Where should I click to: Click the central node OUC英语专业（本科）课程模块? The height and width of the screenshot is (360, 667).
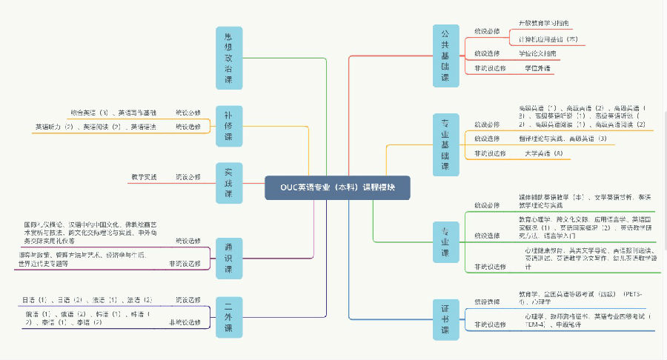pyautogui.click(x=336, y=187)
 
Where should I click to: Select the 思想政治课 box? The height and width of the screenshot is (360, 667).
pyautogui.click(x=228, y=58)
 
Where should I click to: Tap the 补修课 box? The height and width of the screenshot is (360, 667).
pyautogui.click(x=228, y=126)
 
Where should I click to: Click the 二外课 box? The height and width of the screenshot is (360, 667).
pyautogui.click(x=228, y=317)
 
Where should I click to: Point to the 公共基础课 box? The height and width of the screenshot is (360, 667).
pyautogui.click(x=445, y=56)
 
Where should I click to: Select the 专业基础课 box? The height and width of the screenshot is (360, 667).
pyautogui.click(x=445, y=144)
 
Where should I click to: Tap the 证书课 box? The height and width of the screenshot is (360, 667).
pyautogui.click(x=445, y=318)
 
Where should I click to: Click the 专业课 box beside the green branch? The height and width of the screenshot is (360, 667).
pyautogui.click(x=445, y=241)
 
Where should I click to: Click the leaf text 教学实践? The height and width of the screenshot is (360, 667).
pyautogui.click(x=144, y=176)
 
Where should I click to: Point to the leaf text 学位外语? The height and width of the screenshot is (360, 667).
pyautogui.click(x=537, y=68)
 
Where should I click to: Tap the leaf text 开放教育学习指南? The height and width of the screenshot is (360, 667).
pyautogui.click(x=543, y=24)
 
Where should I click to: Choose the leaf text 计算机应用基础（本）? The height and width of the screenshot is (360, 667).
pyautogui.click(x=548, y=39)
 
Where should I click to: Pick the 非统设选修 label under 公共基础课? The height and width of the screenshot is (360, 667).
pyautogui.click(x=490, y=68)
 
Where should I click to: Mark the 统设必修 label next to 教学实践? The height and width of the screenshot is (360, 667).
pyautogui.click(x=188, y=176)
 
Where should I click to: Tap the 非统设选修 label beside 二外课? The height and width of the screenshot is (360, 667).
pyautogui.click(x=185, y=323)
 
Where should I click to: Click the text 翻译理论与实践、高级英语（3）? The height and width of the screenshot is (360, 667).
pyautogui.click(x=561, y=139)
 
